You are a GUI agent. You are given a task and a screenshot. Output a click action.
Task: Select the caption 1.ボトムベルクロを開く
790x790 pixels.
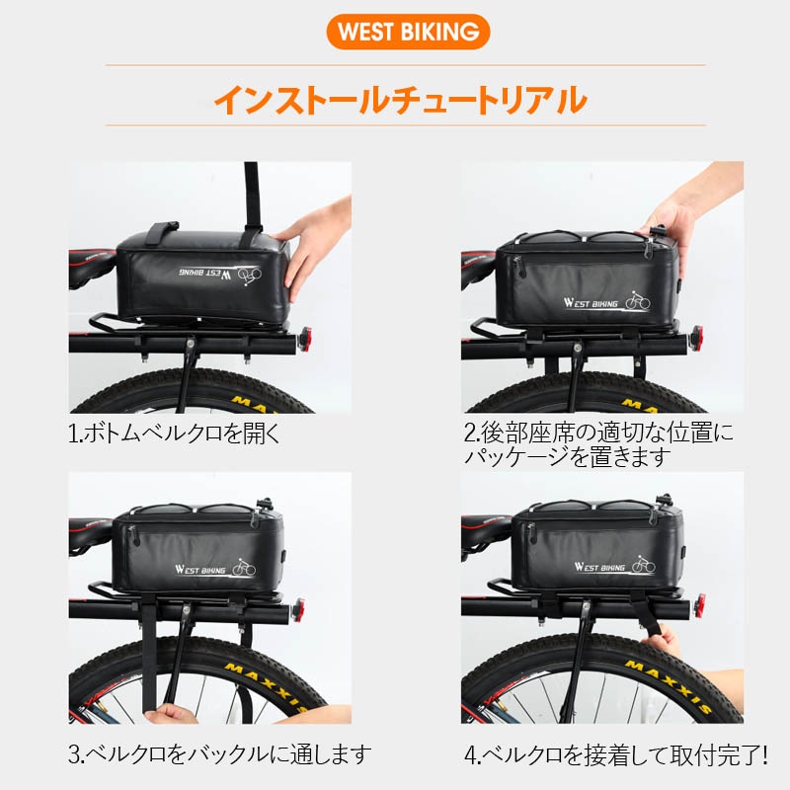point(175,433)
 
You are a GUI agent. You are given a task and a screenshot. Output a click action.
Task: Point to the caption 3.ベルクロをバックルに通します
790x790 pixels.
point(219,754)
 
